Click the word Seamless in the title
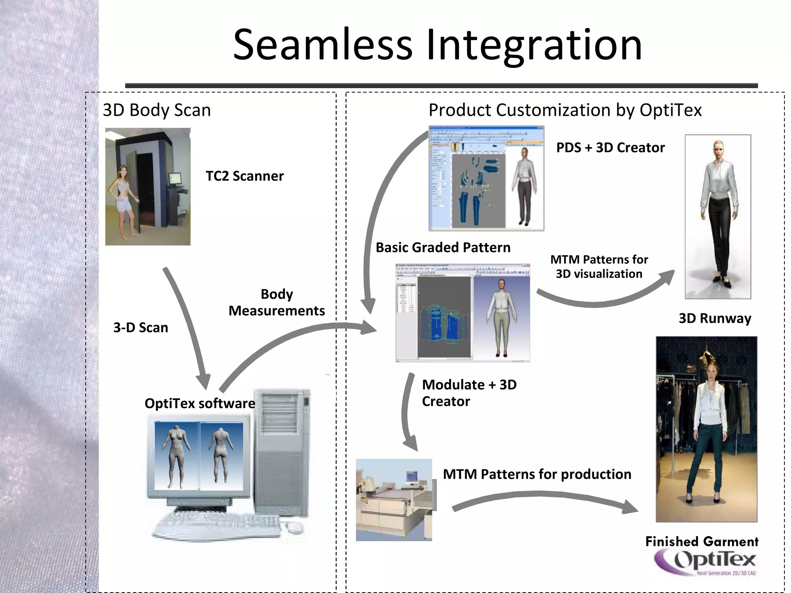coord(323,45)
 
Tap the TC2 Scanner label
coord(244,176)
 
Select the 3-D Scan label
coord(141,328)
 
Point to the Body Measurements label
coord(277,302)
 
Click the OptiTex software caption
coord(200,403)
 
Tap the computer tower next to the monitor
coord(284,452)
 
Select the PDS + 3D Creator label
coord(610,147)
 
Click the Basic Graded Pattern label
coord(443,247)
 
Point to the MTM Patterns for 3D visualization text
coord(599,266)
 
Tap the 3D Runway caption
coord(715,319)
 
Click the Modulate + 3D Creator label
coord(469,393)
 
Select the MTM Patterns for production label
coord(537,474)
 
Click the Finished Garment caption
coord(702,541)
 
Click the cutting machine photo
coord(394,500)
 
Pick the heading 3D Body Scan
coord(157,110)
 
